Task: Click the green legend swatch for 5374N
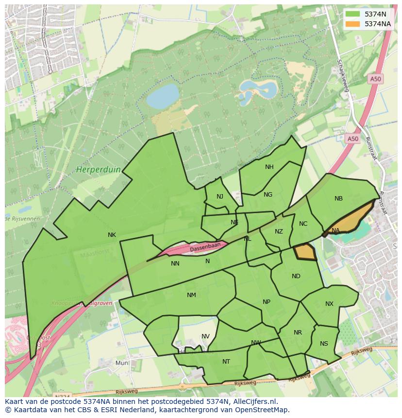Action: (x=353, y=15)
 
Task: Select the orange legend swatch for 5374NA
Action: (x=353, y=24)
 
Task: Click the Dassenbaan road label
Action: (x=205, y=247)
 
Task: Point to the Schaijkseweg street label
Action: (x=343, y=75)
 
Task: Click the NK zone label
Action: (x=112, y=235)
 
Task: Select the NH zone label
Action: (x=269, y=167)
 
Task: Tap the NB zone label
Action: (x=338, y=199)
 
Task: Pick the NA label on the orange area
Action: (x=335, y=231)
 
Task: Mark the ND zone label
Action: (x=296, y=276)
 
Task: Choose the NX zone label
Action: (x=329, y=304)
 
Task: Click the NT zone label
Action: (x=226, y=362)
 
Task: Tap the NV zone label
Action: (x=205, y=336)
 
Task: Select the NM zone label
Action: (x=191, y=295)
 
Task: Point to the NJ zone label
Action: (x=220, y=197)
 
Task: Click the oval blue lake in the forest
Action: (x=163, y=96)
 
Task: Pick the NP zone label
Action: (x=266, y=302)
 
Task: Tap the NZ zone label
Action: (x=279, y=232)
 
